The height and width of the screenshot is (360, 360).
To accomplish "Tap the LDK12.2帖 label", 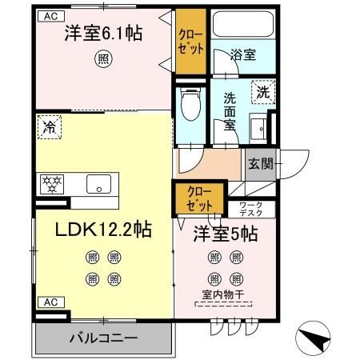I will coord(103,228).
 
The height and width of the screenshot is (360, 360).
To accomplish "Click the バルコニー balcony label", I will coord(102,337).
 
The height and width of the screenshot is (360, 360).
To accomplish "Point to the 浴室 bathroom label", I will coord(243,56).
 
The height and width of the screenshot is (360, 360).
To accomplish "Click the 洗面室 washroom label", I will coord(230,110).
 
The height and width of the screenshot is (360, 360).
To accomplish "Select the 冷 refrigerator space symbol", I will coord(50,126).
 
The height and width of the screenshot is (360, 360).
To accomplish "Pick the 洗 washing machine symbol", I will coord(263,93).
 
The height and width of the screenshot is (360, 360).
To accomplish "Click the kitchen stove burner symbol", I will coord(52,183).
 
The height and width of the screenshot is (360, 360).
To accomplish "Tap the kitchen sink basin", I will coord(100,183).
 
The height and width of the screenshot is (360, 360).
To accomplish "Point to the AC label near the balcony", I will coord(49,302).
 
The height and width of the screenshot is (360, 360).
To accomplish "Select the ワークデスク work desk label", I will coord(255,209).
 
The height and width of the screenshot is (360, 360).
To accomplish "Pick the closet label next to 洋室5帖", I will coord(200,197).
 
